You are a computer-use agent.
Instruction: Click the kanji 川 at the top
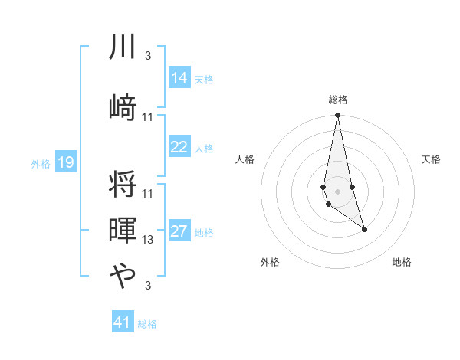point(123,48)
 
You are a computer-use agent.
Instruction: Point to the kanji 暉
point(123,230)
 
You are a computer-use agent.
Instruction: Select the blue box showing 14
point(179,79)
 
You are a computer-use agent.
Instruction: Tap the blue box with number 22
point(179,147)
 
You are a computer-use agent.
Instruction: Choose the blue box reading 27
point(179,232)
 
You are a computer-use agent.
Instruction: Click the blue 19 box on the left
point(66,162)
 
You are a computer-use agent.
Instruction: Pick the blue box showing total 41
point(123,322)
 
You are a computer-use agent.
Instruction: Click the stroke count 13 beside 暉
point(148,240)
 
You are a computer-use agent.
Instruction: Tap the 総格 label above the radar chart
point(338,100)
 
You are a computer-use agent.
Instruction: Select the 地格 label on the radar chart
point(402,262)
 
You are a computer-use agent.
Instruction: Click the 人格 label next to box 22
point(204,148)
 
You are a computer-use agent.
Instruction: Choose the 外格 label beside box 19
point(40,163)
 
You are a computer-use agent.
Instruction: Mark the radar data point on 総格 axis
point(337,116)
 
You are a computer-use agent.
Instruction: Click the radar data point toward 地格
point(364,229)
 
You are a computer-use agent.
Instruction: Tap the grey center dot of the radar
point(337,191)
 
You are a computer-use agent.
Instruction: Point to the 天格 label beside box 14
point(204,80)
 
